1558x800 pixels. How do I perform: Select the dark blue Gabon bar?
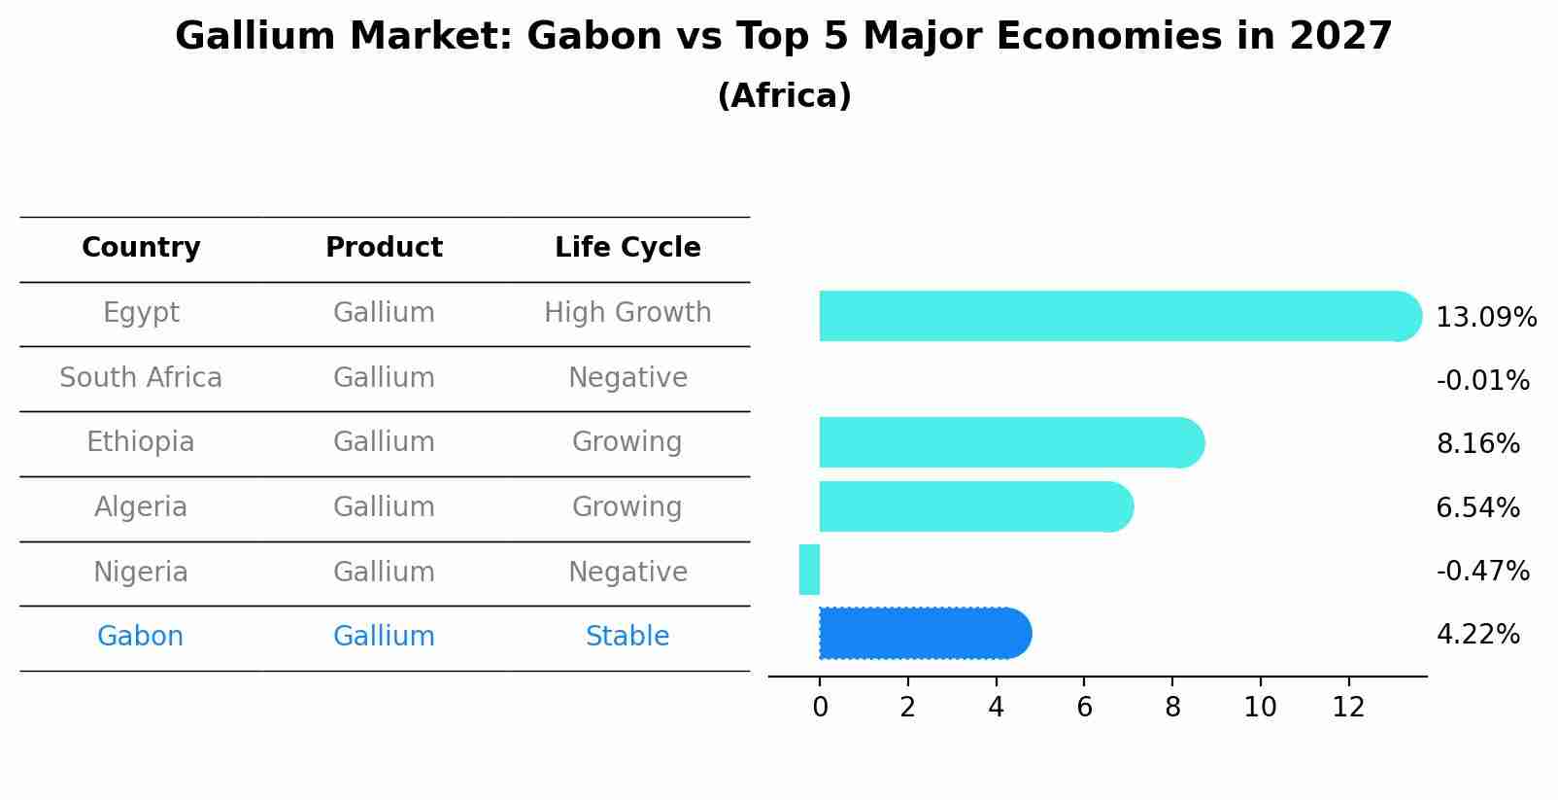tap(923, 634)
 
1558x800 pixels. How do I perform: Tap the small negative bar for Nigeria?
tap(809, 570)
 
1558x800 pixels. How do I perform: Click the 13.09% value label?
tap(1485, 318)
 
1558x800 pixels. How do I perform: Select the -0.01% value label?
tap(1482, 381)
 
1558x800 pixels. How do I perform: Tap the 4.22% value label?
tap(1477, 635)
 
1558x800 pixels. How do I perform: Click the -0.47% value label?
tap(1482, 571)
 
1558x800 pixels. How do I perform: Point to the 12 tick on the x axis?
tap(1348, 708)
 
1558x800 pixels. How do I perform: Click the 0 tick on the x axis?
tap(820, 708)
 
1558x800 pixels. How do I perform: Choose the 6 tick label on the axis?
tap(1084, 708)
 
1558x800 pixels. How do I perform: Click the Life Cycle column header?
tap(627, 248)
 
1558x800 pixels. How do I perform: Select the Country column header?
tap(141, 248)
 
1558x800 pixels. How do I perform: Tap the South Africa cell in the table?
tap(141, 377)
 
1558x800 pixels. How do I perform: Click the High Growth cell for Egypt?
tap(627, 313)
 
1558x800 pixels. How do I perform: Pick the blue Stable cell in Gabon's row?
tap(627, 637)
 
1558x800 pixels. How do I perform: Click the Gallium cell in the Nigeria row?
tap(384, 572)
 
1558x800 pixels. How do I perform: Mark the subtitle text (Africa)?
tap(784, 96)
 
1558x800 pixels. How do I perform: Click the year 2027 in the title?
tap(1340, 37)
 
